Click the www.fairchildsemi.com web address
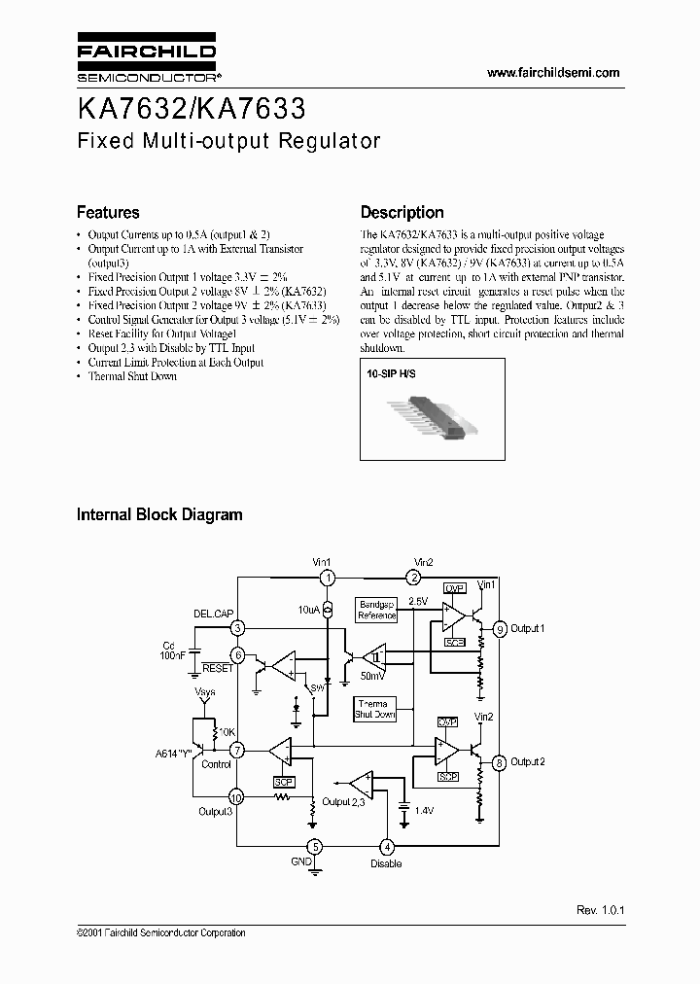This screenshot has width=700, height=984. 552,73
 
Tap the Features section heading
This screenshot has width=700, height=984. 108,212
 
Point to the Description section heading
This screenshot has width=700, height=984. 402,212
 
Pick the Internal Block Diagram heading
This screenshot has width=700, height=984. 159,514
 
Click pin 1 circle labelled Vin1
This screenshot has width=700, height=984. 329,578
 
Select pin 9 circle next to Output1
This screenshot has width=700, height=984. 500,628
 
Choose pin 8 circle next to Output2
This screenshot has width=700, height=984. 500,762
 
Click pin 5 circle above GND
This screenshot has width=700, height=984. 314,847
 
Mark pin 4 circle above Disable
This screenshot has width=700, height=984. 387,847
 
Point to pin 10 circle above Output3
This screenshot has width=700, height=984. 235,797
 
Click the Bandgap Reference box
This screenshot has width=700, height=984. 377,610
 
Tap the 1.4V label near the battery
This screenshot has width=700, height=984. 425,810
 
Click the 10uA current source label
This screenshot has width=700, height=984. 308,610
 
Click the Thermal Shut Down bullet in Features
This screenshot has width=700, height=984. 132,376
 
